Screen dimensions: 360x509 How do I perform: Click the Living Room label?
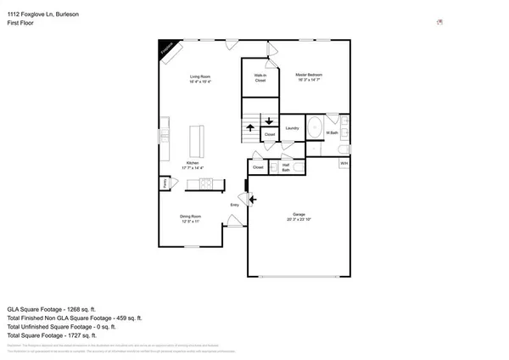200,79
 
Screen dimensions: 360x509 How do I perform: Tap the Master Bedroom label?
309,76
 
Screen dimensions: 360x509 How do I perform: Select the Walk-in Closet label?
260,78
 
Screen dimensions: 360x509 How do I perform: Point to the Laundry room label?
292,128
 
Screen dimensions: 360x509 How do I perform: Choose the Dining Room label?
189,218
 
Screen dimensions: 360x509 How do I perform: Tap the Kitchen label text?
193,164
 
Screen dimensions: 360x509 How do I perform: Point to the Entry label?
235,205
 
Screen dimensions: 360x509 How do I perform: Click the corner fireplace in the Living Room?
168,51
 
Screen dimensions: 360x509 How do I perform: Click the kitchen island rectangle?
196,138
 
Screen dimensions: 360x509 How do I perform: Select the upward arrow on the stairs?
250,128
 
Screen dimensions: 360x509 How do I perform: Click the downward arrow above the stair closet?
270,121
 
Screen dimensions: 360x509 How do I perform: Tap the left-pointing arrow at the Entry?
252,201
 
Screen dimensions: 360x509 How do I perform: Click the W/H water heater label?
344,162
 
